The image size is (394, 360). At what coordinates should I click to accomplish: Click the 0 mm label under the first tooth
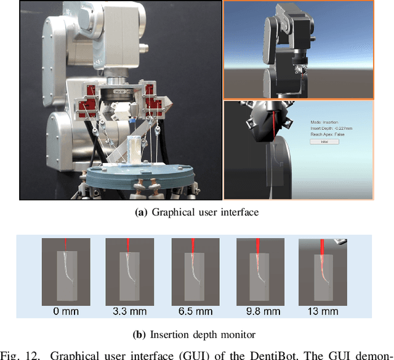[x=66, y=311]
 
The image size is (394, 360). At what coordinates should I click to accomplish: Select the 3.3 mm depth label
[x=129, y=311]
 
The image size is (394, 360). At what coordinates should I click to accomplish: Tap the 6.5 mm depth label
[x=194, y=311]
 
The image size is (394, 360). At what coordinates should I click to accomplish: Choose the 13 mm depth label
[x=323, y=311]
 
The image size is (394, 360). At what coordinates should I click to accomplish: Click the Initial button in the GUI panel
[x=325, y=142]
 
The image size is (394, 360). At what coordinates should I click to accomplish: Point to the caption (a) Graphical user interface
[x=196, y=213]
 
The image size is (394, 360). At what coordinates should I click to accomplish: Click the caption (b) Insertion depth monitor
[x=196, y=335]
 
